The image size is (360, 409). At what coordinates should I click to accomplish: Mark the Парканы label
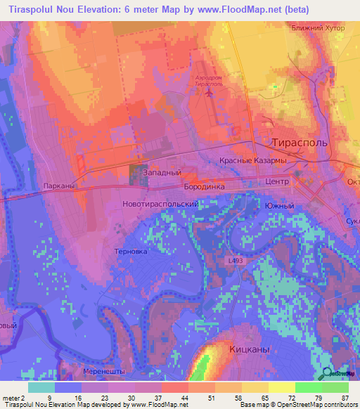click(x=58, y=186)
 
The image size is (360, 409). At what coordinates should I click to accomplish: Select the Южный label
click(x=279, y=206)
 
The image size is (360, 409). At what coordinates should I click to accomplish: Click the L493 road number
click(x=236, y=261)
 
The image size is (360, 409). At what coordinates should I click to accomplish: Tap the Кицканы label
click(x=250, y=349)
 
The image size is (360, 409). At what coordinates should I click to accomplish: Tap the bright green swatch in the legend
click(x=308, y=387)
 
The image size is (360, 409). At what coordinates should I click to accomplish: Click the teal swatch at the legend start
click(x=41, y=387)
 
